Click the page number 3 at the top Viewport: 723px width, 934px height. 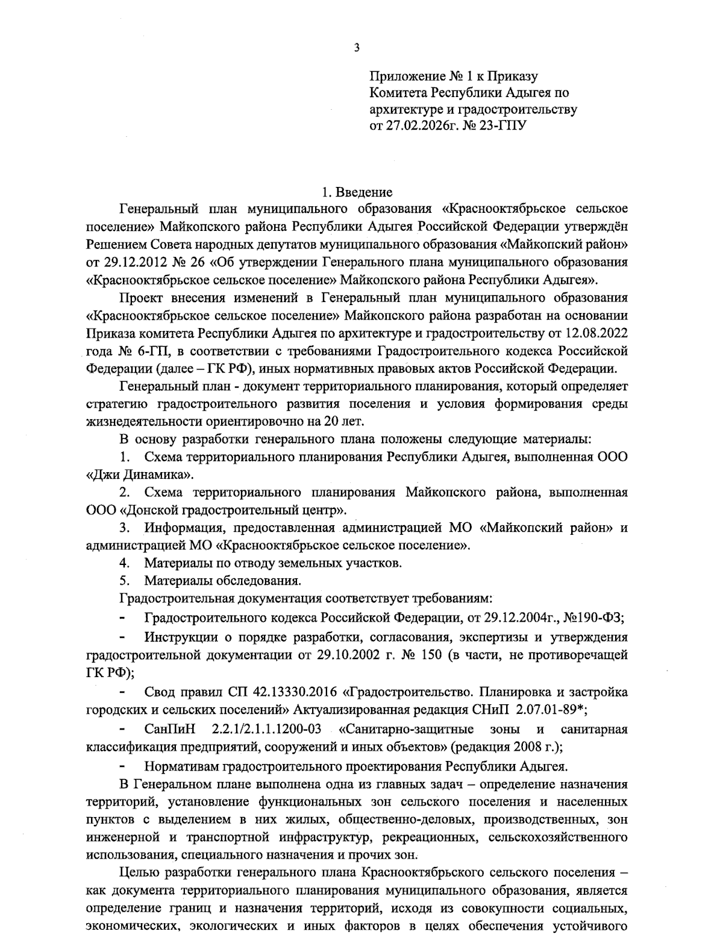point(357,48)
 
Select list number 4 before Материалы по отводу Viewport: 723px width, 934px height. point(125,563)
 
